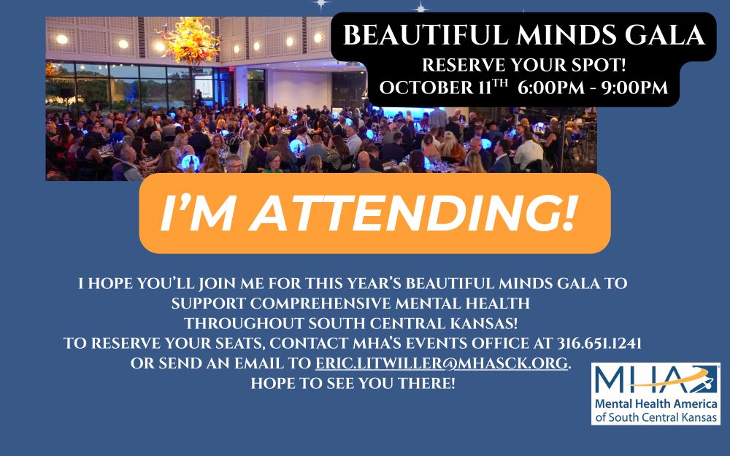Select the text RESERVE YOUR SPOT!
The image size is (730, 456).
523,65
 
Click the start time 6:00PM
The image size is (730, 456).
550,88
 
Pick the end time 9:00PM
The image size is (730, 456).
634,88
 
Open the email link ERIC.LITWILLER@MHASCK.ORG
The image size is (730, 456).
442,363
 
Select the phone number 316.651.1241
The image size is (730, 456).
599,343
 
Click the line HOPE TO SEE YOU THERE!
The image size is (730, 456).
353,383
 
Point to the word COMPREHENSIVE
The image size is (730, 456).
320,304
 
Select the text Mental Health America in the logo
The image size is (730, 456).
656,404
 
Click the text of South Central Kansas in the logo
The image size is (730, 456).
656,417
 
